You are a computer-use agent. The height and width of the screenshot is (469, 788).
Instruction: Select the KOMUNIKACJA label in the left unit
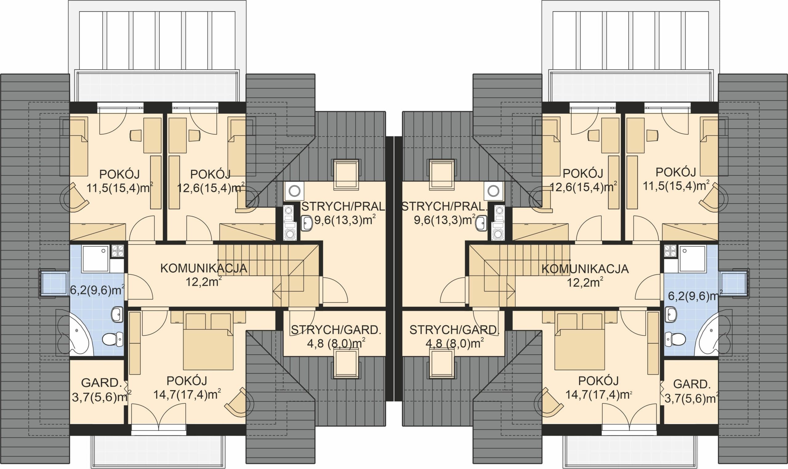(204, 268)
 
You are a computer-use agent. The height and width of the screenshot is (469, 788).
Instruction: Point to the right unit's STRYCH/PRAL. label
(444, 207)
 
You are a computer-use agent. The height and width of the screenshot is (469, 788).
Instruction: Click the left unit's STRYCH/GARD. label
(336, 330)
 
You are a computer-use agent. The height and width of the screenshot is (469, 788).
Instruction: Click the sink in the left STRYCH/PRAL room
(307, 223)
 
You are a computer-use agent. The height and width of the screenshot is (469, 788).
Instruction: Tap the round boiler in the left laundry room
(294, 191)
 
